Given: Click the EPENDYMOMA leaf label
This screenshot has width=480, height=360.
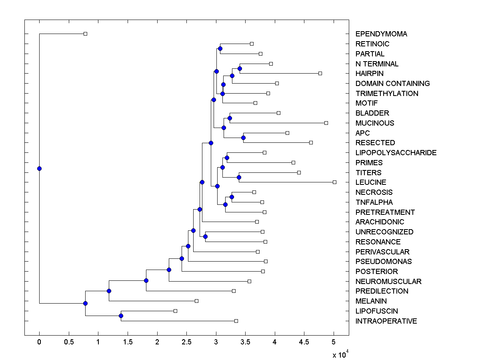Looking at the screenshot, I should pos(381,34).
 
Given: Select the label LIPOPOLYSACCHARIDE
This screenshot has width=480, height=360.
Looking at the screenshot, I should pos(396,153).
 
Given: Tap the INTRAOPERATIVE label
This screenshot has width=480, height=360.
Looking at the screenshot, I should pos(386,321).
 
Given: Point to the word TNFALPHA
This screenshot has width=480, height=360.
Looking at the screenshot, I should pos(374,202).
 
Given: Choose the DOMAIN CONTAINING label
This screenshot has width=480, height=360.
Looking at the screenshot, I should pos(392,84).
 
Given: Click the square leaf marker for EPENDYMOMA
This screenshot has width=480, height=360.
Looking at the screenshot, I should pos(85,34).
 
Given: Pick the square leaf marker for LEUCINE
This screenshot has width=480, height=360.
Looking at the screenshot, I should pos(334,182).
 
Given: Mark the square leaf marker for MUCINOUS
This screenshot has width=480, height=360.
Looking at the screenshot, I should pos(326,123).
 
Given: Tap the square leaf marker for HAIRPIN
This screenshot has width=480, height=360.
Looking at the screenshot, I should pos(320,73).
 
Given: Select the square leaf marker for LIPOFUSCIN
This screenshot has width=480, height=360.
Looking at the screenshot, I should pos(175,311).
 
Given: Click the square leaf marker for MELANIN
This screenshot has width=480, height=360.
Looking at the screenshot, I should pos(196,301).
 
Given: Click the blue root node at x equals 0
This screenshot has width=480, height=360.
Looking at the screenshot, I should pos(39,168).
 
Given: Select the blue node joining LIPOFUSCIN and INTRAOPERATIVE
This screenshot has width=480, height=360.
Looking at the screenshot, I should pos(121,316).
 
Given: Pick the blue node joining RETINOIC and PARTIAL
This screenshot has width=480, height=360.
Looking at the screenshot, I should pos(220,48).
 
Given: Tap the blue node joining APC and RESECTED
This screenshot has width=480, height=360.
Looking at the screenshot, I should pos(243,138).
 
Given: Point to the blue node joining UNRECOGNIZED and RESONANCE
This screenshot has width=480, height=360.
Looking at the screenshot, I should pos(205,236).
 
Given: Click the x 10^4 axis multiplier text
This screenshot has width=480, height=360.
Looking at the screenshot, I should pos(340,354).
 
